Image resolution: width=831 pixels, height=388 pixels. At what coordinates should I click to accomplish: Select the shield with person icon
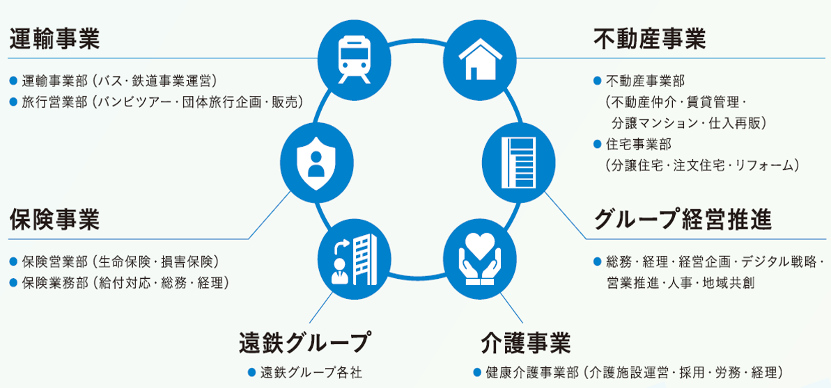(x=315, y=160)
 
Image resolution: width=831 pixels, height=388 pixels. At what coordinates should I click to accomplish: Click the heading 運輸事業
(x=55, y=40)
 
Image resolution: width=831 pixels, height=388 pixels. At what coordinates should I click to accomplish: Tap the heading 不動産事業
(x=650, y=40)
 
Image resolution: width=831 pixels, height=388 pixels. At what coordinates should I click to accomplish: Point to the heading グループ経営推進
(x=683, y=220)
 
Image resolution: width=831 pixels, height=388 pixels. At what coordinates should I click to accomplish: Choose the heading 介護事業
(x=526, y=343)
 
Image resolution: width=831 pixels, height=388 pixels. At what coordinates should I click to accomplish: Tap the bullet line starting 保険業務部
(x=125, y=283)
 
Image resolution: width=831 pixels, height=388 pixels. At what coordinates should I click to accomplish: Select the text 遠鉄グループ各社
(x=311, y=371)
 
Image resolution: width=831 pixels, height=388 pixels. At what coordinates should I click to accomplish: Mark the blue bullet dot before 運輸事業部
(x=13, y=81)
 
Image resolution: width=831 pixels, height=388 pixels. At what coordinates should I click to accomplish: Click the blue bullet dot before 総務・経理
(x=597, y=262)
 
